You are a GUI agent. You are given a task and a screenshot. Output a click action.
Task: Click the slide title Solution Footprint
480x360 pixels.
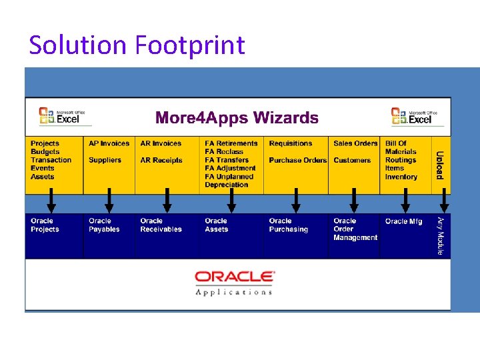[x=137, y=45]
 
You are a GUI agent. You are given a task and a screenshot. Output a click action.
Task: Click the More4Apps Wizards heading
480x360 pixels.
[x=237, y=118]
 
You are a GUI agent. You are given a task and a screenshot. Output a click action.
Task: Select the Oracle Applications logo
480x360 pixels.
[x=234, y=282]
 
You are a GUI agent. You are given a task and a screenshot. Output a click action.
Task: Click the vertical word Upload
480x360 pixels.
[x=440, y=165]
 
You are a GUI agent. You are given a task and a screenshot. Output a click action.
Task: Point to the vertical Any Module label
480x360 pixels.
[x=440, y=235]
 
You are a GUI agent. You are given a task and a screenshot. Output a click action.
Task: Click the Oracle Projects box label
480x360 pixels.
[x=45, y=225]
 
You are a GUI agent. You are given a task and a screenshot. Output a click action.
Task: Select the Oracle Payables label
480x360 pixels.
[x=104, y=225]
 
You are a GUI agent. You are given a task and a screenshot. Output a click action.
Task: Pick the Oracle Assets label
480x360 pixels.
[x=216, y=225]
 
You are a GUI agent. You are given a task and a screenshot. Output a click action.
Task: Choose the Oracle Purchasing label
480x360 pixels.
[x=288, y=225]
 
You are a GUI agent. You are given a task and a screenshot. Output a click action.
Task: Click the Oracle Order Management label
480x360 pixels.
[x=355, y=229]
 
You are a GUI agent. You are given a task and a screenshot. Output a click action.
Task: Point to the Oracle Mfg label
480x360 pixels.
[x=403, y=221]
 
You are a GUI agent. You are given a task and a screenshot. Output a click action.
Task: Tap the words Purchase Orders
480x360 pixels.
[x=297, y=160]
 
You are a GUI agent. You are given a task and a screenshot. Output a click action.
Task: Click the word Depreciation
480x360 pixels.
[x=226, y=185]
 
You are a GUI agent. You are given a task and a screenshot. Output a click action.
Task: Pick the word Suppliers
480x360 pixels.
[x=105, y=160]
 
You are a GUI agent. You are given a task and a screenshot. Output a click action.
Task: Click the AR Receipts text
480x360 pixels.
[x=161, y=160]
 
